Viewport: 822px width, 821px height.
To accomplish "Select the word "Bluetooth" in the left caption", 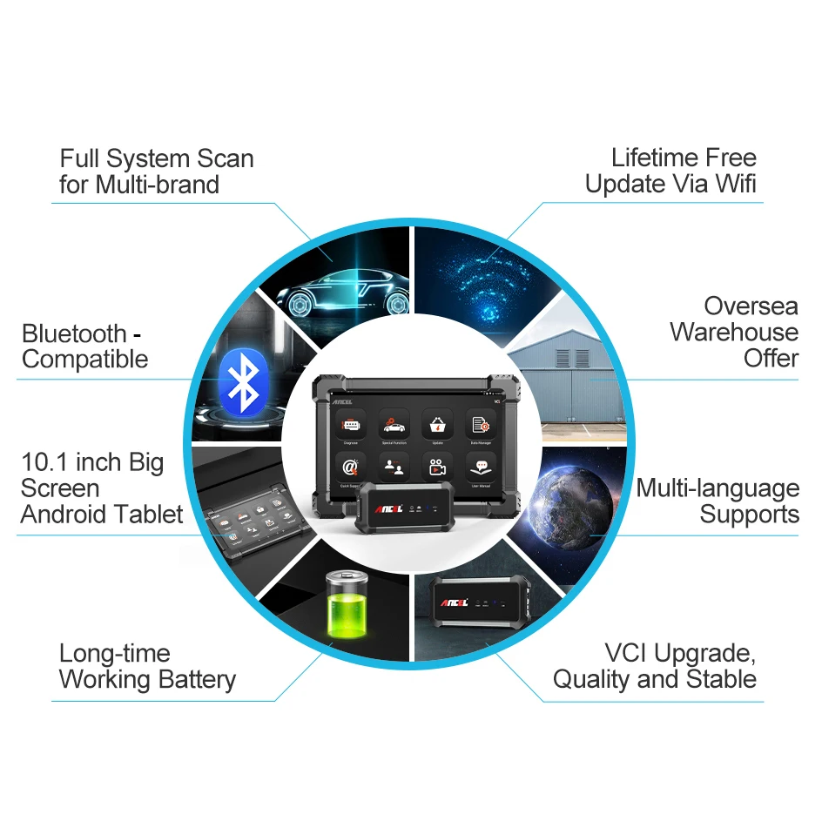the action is tap(74, 333).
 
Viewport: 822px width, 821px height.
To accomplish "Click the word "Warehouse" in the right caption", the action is tap(734, 332).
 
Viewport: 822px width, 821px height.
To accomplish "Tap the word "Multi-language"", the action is tap(718, 488).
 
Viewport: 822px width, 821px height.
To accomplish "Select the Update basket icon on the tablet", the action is tap(436, 425).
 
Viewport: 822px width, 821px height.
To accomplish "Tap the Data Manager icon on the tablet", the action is tap(480, 425).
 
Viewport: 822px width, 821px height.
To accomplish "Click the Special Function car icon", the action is tap(394, 425).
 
